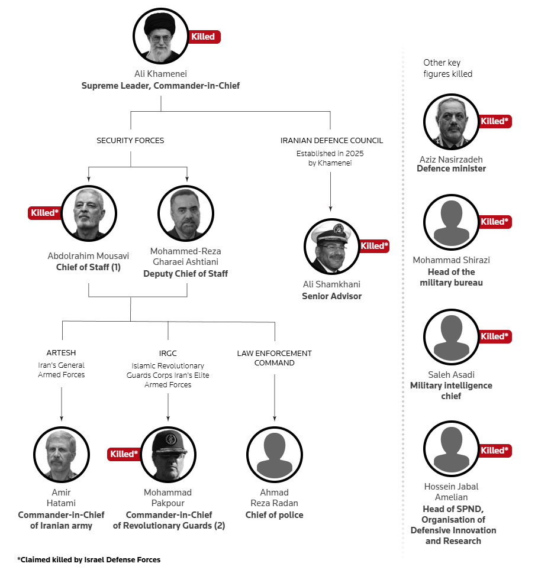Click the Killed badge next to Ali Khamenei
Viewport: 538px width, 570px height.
click(x=204, y=37)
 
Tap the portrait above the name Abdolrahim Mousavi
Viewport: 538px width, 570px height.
click(x=89, y=213)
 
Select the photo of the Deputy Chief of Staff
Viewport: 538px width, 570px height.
click(x=185, y=213)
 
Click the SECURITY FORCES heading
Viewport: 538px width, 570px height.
click(x=130, y=140)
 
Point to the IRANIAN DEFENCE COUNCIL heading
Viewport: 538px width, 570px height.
click(x=331, y=140)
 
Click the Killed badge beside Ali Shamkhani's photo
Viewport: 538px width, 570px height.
click(x=374, y=246)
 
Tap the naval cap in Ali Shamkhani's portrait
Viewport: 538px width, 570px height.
click(x=332, y=232)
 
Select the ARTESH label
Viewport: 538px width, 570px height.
click(x=61, y=352)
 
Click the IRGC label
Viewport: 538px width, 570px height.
click(x=167, y=354)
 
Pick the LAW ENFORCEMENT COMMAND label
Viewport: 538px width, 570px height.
click(x=274, y=358)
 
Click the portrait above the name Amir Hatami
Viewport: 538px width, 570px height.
click(x=62, y=455)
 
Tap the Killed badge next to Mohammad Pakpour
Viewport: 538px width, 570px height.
click(x=124, y=454)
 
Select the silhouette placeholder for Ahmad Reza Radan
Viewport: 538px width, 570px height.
click(x=275, y=455)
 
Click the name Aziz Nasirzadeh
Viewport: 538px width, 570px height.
click(x=451, y=160)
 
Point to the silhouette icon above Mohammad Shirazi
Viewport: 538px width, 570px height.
click(x=452, y=222)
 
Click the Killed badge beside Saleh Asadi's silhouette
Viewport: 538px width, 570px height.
click(x=495, y=336)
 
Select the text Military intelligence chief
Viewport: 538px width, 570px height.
click(x=451, y=391)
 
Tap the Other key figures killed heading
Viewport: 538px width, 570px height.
click(x=448, y=68)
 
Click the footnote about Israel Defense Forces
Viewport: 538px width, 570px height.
click(x=89, y=559)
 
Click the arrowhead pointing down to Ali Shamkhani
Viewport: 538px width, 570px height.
click(x=330, y=209)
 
